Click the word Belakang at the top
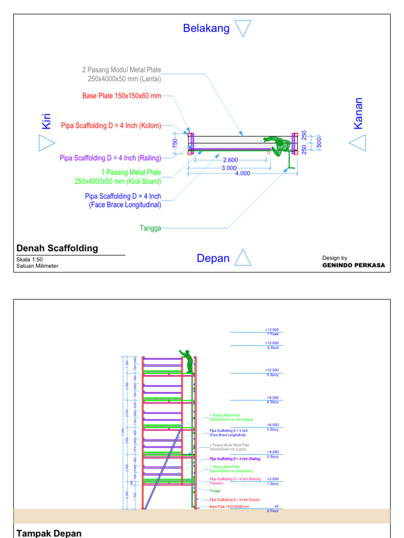point(206,28)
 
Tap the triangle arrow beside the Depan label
point(243,258)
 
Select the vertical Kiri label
point(46,120)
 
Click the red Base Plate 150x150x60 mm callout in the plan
point(121,96)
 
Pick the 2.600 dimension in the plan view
point(230,160)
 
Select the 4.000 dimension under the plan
point(243,173)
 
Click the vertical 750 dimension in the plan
point(176,142)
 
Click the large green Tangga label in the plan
point(150,228)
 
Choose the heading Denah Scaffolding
point(57,249)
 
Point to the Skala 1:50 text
point(29,260)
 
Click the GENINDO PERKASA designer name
point(353,265)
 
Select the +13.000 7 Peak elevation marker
point(272,332)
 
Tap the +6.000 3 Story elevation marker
point(272,427)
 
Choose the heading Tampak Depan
point(49,533)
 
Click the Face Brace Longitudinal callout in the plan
point(123,200)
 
